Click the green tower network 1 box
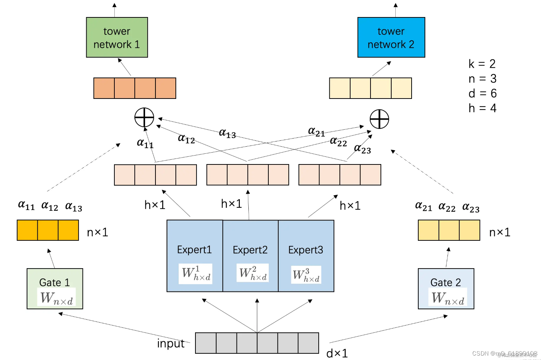pyautogui.click(x=117, y=37)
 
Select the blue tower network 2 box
pyautogui.click(x=391, y=37)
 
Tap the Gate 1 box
pyautogui.click(x=55, y=289)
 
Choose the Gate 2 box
pyautogui.click(x=446, y=289)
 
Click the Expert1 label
pyautogui.click(x=194, y=250)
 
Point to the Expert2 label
pyautogui.click(x=250, y=250)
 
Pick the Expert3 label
pyautogui.click(x=305, y=250)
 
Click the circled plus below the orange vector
pyautogui.click(x=144, y=118)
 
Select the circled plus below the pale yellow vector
pyautogui.click(x=379, y=119)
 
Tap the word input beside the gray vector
pyautogui.click(x=171, y=344)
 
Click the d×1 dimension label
pyautogui.click(x=337, y=353)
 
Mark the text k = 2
pyautogui.click(x=482, y=64)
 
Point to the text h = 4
pyautogui.click(x=482, y=108)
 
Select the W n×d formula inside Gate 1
pyautogui.click(x=56, y=297)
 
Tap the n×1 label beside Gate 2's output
pyautogui.click(x=500, y=232)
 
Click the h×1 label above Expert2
pyautogui.click(x=231, y=204)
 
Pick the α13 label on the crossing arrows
pyautogui.click(x=227, y=133)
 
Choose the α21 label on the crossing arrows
pyautogui.click(x=316, y=132)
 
